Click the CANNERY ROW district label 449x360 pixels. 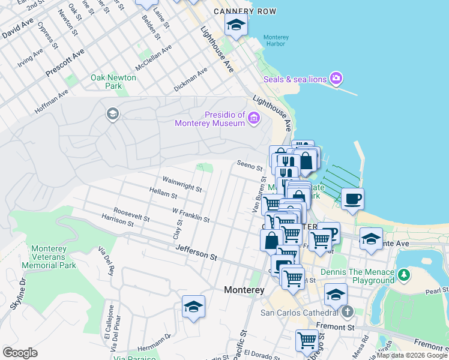pos(245,11)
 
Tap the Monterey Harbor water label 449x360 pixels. pos(276,41)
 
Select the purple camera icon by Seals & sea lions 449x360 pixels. pos(336,78)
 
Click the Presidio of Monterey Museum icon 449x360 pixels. pos(254,118)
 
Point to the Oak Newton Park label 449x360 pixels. pos(113,82)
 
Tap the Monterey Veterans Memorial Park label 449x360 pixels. pos(49,257)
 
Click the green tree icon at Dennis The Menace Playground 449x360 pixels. pos(405,275)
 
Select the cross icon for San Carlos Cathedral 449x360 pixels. pos(347,312)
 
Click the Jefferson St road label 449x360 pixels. pos(196,256)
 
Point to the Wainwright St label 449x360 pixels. pos(182,184)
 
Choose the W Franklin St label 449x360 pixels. pos(190,215)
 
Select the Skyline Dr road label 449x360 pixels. pos(16,294)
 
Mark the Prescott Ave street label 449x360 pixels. pos(65,64)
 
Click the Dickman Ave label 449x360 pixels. pos(190,79)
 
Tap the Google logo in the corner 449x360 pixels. pos(20,353)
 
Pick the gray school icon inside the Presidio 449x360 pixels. pos(112,114)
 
